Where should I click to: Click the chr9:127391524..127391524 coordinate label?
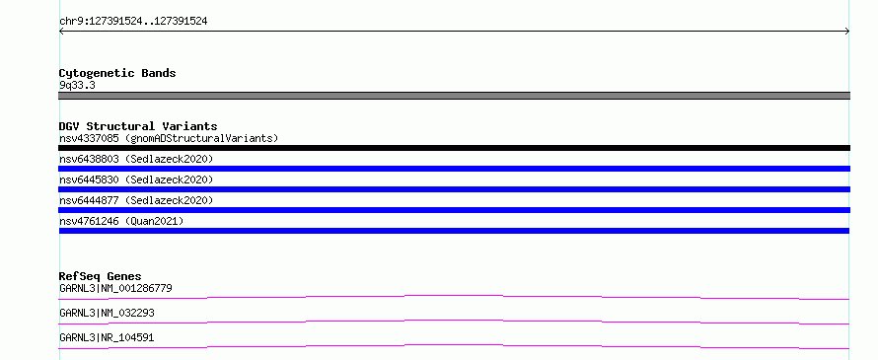133,22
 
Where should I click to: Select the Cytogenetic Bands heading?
117,73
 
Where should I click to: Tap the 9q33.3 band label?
77,85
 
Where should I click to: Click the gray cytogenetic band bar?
454,96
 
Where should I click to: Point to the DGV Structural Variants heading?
138,126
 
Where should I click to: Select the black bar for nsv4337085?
454,148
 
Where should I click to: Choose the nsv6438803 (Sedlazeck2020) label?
136,159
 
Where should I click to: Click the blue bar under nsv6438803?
454,169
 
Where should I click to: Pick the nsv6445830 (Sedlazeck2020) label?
136,180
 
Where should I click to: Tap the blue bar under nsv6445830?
454,189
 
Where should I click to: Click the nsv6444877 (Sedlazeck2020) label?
136,200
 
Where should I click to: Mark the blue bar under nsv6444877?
454,210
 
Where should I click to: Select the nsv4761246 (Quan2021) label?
121,221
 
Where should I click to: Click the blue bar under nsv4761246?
454,231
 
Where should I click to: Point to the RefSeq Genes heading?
101,276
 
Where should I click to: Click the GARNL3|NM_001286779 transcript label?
115,288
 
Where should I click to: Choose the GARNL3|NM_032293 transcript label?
107,313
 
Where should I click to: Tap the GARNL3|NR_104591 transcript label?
107,337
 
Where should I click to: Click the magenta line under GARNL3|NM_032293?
454,321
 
